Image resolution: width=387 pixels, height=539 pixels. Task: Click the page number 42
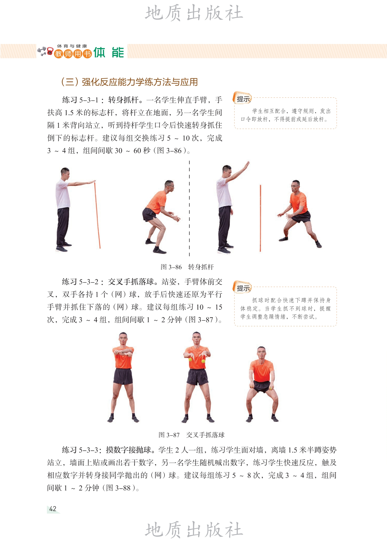(53, 509)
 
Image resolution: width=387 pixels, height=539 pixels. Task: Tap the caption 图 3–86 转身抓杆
(187, 267)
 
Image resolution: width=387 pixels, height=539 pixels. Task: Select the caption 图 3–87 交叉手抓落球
(191, 435)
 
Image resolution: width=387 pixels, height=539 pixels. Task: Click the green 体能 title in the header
(109, 53)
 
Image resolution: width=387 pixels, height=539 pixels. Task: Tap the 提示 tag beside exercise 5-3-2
(243, 288)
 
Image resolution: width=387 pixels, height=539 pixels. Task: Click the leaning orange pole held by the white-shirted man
(97, 214)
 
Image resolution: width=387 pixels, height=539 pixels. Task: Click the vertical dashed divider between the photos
(189, 208)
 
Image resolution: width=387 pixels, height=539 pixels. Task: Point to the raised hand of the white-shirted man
(246, 165)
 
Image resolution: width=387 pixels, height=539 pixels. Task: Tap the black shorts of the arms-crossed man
(123, 376)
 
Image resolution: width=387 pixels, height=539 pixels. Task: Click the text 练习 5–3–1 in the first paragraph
(80, 100)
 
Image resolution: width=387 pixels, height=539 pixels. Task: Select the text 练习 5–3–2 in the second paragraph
(80, 282)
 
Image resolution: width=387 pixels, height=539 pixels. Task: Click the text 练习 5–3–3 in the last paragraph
(80, 450)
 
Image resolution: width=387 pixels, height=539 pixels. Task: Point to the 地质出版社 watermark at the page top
(194, 13)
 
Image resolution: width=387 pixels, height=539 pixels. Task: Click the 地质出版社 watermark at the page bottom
(194, 530)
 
